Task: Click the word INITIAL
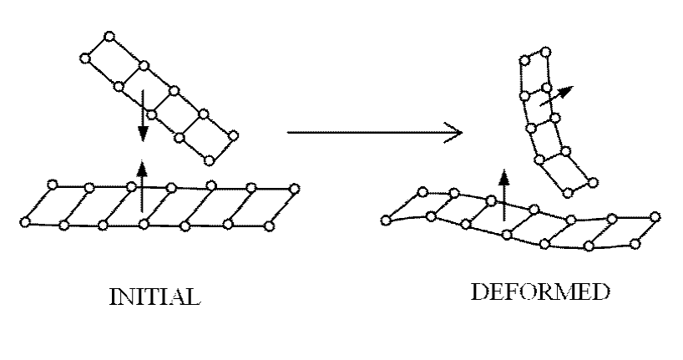156,297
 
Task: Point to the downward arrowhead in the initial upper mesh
143,133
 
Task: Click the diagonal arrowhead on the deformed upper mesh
568,90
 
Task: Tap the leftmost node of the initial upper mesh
83,58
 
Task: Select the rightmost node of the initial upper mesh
233,134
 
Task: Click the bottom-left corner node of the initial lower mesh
25,221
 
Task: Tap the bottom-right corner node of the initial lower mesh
268,224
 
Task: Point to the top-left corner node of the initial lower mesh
53,184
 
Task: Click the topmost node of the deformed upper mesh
546,52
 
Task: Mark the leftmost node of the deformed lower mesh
385,220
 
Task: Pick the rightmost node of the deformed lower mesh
658,220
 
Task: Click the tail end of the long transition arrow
287,132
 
